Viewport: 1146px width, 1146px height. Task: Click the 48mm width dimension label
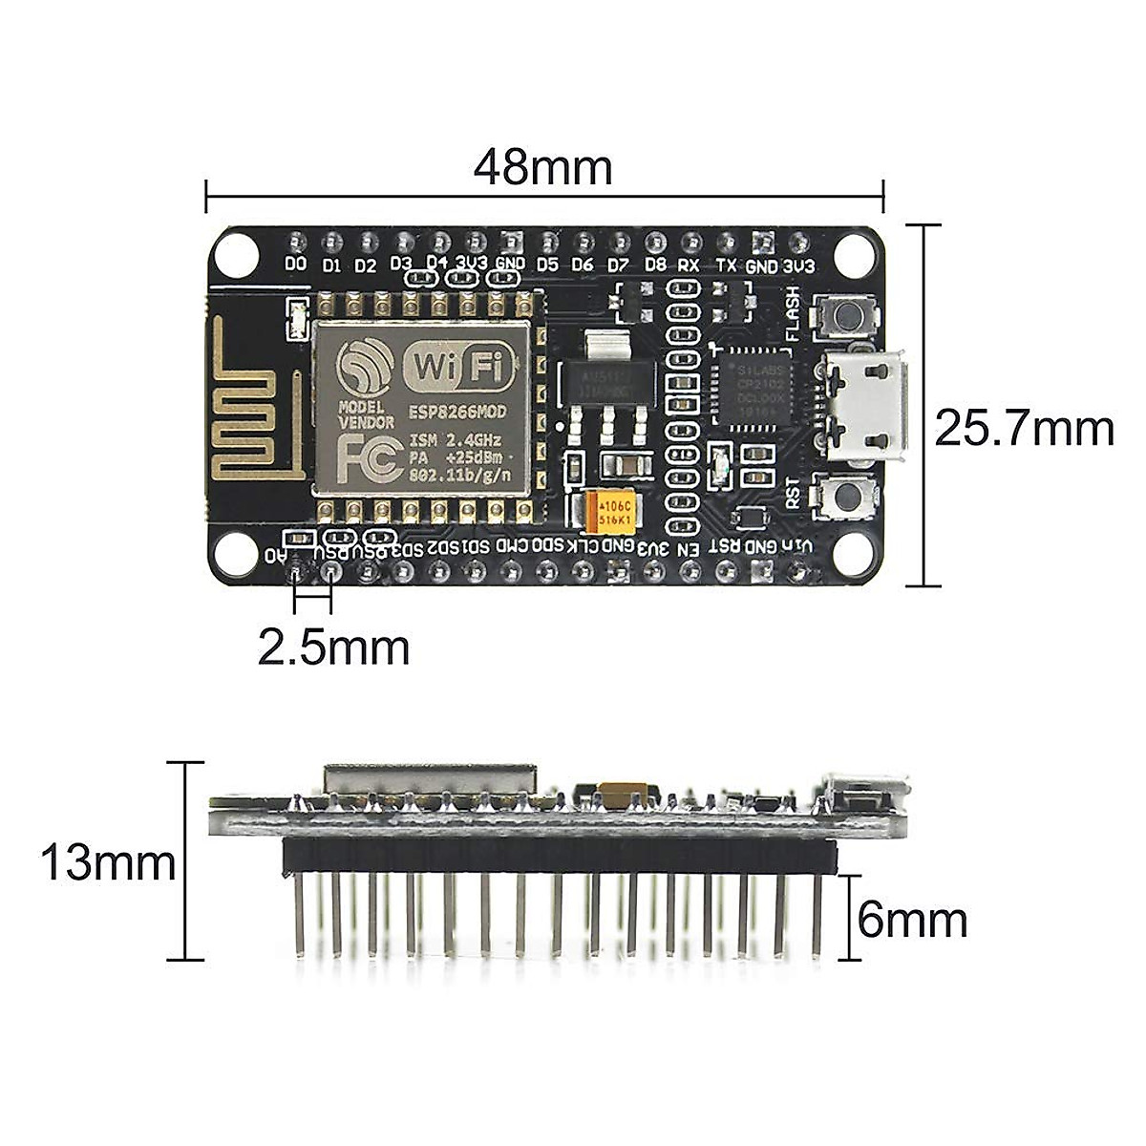point(542,168)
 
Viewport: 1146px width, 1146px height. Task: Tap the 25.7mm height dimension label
point(1024,429)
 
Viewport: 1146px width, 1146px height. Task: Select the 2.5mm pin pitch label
point(333,648)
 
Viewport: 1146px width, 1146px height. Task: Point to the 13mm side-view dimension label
point(107,863)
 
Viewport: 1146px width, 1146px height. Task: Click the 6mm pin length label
point(912,921)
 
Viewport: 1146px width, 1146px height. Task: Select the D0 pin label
point(296,264)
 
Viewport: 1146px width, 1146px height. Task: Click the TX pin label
point(726,265)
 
